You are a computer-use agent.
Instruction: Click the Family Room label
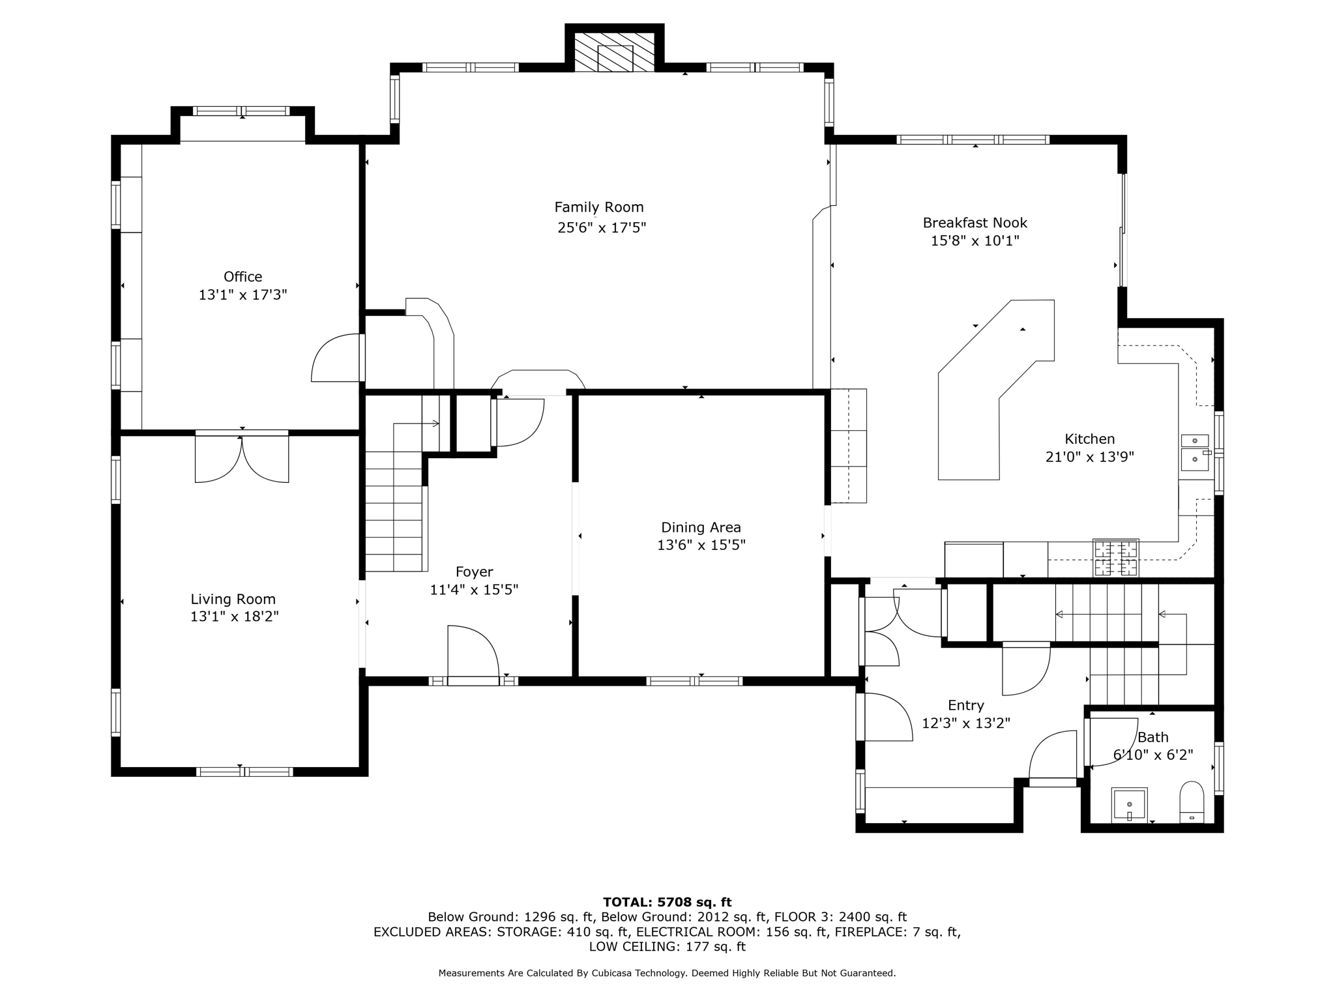click(599, 207)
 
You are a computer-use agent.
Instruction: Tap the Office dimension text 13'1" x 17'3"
click(243, 295)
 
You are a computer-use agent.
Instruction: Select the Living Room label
click(233, 599)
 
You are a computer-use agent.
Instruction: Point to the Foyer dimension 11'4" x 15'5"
click(475, 590)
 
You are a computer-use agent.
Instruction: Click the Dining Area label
click(701, 527)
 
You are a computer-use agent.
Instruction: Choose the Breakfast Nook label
click(975, 223)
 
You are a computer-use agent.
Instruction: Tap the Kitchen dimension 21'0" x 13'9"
click(1090, 457)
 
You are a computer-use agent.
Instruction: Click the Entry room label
click(966, 706)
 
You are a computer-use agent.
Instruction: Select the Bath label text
click(1153, 737)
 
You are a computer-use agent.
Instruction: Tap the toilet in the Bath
click(1192, 802)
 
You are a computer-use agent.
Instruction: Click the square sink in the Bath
click(1130, 805)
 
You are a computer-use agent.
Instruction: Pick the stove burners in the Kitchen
click(1116, 558)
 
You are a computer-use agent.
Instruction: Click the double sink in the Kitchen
click(1196, 451)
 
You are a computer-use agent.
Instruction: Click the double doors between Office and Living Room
click(242, 458)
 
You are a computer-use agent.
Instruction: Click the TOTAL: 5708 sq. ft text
click(667, 902)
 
